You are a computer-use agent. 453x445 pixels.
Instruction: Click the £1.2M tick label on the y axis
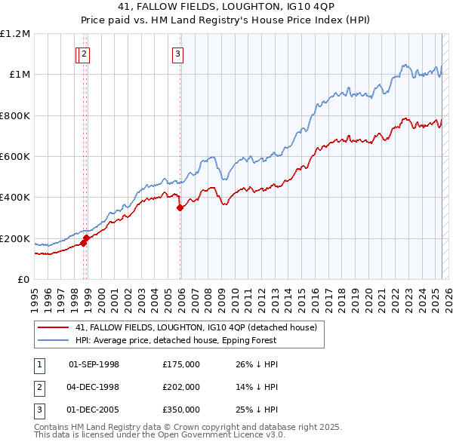coord(15,34)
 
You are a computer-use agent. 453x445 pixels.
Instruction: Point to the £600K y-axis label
coord(15,157)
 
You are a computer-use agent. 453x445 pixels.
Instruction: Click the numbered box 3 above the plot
coord(177,54)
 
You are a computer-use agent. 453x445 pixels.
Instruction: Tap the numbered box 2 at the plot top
coord(84,54)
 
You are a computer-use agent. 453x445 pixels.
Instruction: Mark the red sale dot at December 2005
coord(180,208)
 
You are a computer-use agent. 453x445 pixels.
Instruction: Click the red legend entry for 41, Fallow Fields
coord(199,327)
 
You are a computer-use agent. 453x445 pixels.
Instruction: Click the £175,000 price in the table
coord(180,364)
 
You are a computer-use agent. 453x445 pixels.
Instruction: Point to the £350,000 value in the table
coord(180,410)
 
